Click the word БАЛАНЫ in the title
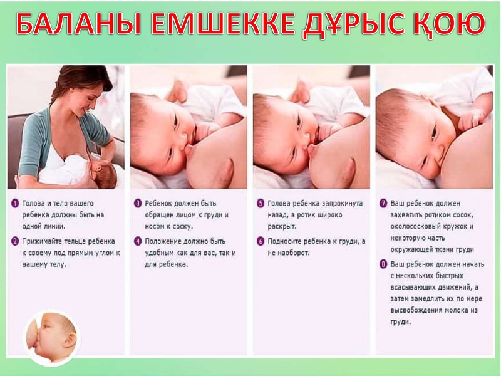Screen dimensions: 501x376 click(x=78, y=24)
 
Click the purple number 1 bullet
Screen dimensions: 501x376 click(x=15, y=203)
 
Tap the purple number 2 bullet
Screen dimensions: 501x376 click(x=15, y=241)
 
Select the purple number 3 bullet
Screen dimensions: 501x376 click(x=138, y=203)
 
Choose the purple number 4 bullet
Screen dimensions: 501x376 click(x=138, y=241)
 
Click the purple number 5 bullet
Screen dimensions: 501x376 click(x=261, y=203)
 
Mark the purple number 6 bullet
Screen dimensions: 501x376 click(x=261, y=241)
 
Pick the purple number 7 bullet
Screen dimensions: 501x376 click(x=383, y=203)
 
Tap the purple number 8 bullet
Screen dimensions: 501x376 click(x=383, y=264)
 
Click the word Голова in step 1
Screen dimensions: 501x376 click(x=33, y=203)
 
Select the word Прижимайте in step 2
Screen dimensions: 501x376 click(x=42, y=241)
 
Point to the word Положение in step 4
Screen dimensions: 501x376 click(x=162, y=241)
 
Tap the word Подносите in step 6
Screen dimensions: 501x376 click(x=284, y=241)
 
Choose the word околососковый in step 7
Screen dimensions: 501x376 click(x=415, y=227)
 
